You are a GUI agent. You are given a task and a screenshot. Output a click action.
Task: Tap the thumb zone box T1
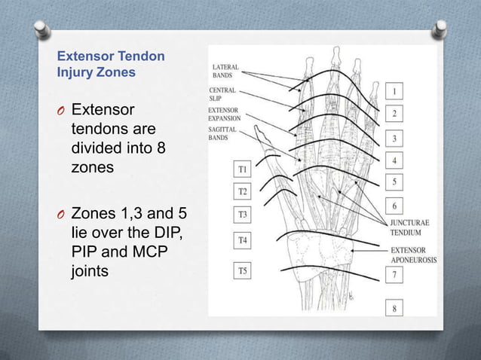coord(243,170)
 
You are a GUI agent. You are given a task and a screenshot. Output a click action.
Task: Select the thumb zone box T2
coord(243,192)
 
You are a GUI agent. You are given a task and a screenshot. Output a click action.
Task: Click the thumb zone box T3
coord(243,215)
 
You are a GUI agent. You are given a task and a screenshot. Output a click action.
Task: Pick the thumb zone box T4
coord(243,240)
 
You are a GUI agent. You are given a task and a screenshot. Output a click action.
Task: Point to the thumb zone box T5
coord(243,270)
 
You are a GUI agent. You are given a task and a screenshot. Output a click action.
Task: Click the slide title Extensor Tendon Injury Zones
coord(111,65)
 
